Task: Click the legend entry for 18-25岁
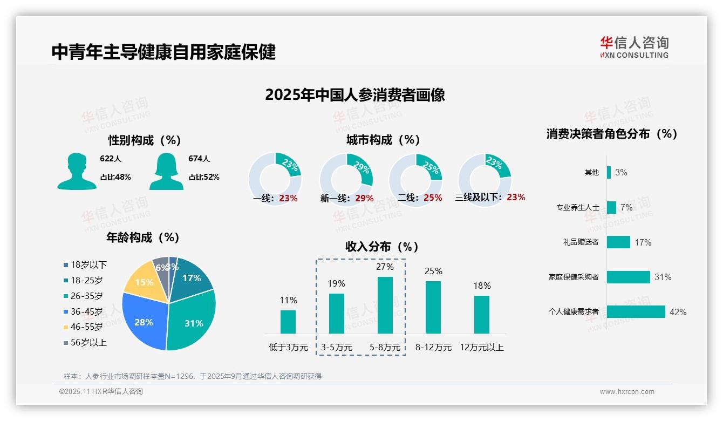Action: [86, 280]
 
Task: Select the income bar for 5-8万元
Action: [385, 305]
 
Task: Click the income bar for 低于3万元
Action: [288, 322]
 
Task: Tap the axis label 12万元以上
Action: [481, 347]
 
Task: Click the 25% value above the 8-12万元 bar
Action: [433, 271]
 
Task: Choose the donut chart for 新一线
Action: [346, 179]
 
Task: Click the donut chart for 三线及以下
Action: [484, 179]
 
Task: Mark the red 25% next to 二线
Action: [433, 198]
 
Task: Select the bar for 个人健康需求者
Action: [636, 312]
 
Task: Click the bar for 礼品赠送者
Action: [618, 242]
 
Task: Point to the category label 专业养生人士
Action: [577, 207]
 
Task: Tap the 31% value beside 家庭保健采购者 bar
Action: [663, 277]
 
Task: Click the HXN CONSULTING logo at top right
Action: [634, 47]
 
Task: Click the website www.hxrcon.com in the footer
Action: [627, 392]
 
